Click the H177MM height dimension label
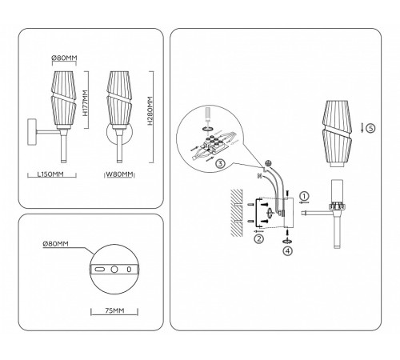[85, 103]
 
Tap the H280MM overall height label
[150, 110]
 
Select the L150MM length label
[50, 174]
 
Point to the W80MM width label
[119, 174]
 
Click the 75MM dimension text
[114, 310]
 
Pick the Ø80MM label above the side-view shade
[64, 58]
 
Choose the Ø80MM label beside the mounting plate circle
[56, 244]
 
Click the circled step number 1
[304, 196]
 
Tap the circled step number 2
[259, 238]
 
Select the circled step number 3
[220, 163]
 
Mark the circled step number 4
[288, 250]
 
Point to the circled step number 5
[370, 128]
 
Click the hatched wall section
[237, 213]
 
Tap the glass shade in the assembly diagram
[338, 134]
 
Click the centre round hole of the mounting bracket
[114, 270]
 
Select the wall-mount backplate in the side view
[32, 132]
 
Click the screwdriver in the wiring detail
[209, 114]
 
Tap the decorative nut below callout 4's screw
[287, 241]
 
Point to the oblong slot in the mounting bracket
[99, 270]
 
